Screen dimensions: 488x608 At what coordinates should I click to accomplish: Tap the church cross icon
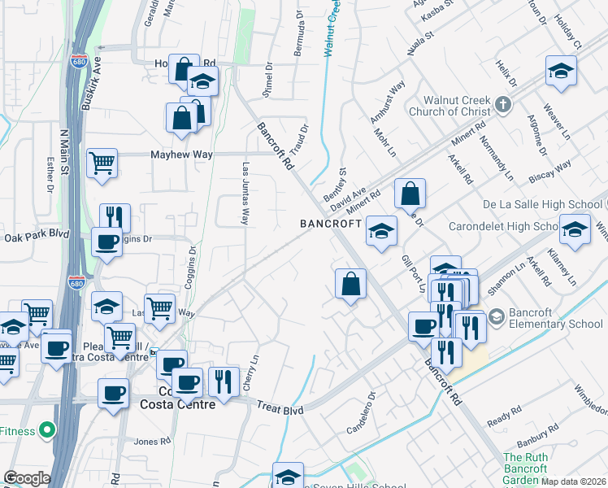pyautogui.click(x=503, y=105)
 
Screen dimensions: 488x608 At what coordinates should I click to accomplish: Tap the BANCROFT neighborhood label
pyautogui.click(x=330, y=223)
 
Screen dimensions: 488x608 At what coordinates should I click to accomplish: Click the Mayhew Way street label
pyautogui.click(x=175, y=154)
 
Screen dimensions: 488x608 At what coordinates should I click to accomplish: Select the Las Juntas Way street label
pyautogui.click(x=245, y=192)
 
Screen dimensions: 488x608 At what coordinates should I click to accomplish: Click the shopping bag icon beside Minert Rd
pyautogui.click(x=410, y=194)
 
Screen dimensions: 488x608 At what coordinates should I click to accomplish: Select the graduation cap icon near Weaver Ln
pyautogui.click(x=561, y=71)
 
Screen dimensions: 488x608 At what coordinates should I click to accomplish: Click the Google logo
pyautogui.click(x=27, y=478)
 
